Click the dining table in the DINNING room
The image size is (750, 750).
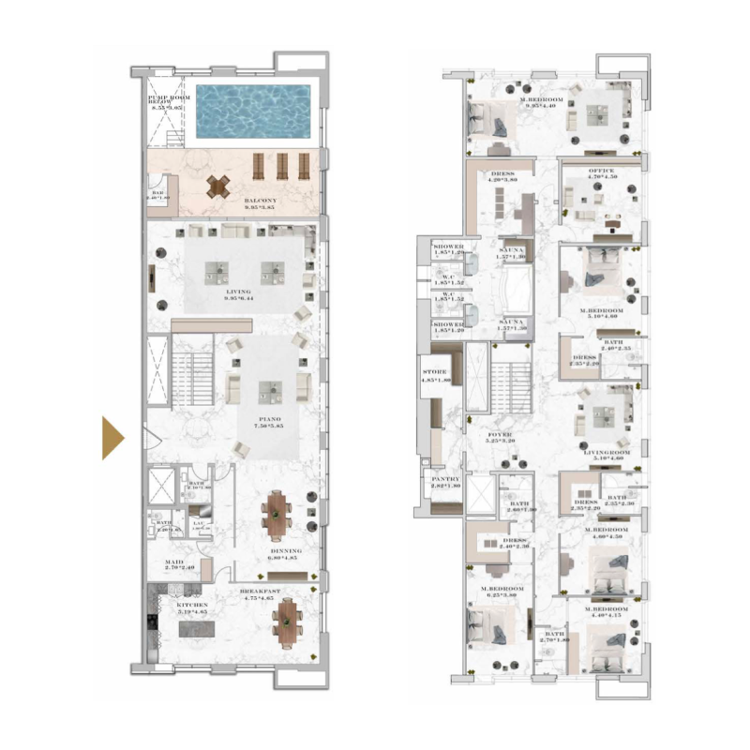(x=278, y=516)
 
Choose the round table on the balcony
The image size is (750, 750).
(x=218, y=186)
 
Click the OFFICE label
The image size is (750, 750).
(x=600, y=171)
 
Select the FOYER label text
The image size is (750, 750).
(x=500, y=436)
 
